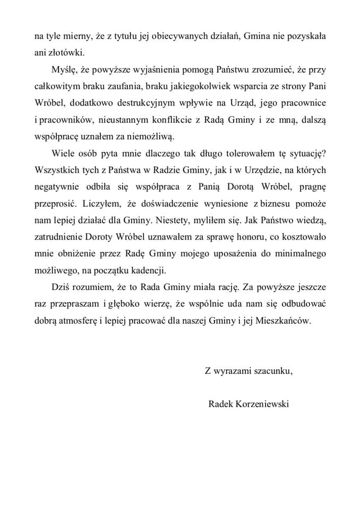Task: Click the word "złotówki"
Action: point(64,53)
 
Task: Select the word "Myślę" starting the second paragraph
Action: point(64,70)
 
